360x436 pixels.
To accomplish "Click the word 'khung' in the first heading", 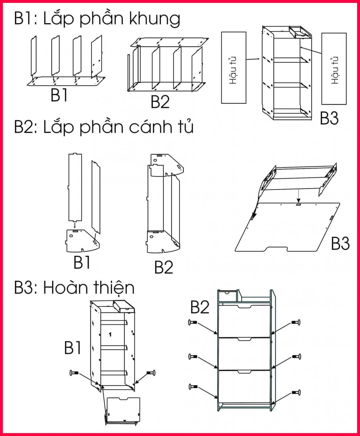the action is coord(154,19).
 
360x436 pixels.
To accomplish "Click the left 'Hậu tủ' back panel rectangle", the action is coord(234,68).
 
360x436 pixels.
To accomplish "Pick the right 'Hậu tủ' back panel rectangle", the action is coord(334,69).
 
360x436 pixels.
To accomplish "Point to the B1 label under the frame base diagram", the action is coord(59,95).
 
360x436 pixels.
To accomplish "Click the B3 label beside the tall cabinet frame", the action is coord(329,118).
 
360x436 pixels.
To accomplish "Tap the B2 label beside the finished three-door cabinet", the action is coord(200,308).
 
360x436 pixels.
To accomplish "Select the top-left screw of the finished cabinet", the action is coord(193,322).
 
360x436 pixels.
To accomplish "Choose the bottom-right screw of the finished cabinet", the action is coord(296,392).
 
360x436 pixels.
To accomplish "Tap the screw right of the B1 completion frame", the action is coord(151,372).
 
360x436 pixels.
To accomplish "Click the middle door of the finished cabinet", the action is coord(244,354).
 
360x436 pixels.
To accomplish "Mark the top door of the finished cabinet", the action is coord(244,321).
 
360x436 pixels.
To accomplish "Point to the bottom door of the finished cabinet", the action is coord(244,387).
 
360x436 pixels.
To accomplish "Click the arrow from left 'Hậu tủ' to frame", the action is coord(253,59).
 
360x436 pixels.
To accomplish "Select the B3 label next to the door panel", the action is coord(340,243).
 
